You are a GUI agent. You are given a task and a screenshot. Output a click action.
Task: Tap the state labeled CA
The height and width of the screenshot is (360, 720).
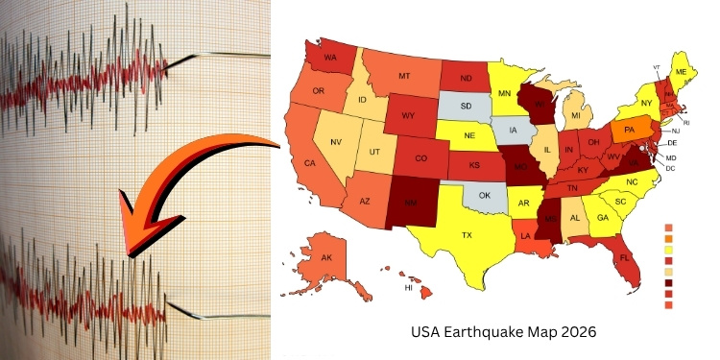310,163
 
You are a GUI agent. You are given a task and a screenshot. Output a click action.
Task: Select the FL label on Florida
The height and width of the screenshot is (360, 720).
623,258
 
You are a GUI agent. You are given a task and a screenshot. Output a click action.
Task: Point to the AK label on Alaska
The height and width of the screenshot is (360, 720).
326,258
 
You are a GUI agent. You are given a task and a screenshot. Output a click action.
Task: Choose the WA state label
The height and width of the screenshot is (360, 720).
329,58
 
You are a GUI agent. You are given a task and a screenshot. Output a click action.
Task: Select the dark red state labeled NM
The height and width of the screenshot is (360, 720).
410,203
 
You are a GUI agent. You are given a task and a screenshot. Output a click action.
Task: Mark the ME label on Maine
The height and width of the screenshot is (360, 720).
681,72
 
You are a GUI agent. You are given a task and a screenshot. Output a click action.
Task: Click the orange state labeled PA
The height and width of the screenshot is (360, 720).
630,130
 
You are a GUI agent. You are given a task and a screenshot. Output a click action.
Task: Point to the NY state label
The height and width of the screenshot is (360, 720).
646,103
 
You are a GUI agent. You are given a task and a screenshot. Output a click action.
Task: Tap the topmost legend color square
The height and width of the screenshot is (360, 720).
669,228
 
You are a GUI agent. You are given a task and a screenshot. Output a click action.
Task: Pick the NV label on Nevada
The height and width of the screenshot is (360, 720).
337,142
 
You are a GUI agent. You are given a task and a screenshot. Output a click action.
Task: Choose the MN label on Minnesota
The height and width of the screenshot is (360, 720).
504,92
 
